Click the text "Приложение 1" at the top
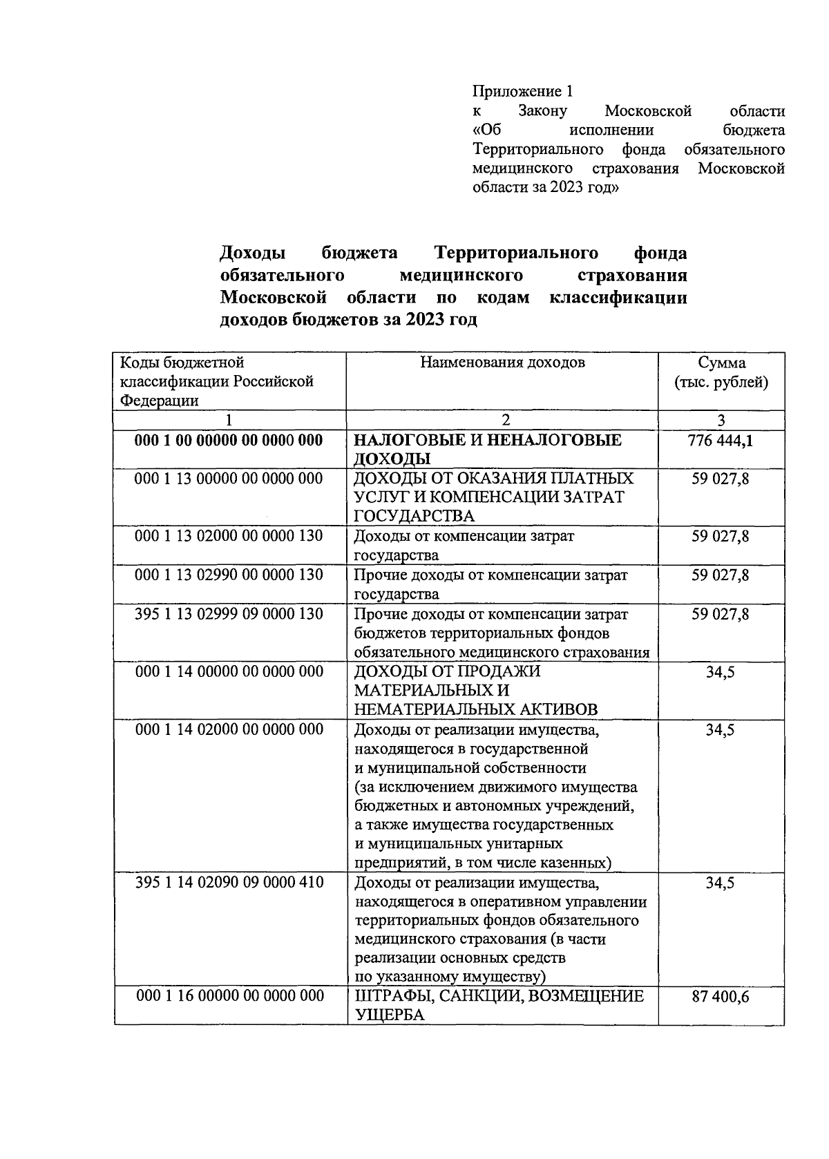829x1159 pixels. click(523, 91)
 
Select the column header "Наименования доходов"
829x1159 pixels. click(502, 363)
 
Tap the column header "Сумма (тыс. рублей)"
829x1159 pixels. click(721, 372)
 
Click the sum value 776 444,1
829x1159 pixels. click(721, 440)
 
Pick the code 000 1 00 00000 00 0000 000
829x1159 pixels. click(229, 440)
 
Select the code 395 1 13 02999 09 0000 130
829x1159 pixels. click(229, 614)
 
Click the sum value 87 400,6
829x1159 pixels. click(721, 996)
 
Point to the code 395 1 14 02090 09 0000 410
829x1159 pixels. click(229, 882)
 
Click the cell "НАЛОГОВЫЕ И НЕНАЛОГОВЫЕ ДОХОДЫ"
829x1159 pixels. click(488, 449)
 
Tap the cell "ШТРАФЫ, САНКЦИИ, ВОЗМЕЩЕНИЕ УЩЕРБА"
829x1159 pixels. click(499, 1005)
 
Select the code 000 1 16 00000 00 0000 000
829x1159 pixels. click(229, 995)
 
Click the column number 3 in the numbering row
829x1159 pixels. click(721, 420)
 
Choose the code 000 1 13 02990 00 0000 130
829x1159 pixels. click(229, 575)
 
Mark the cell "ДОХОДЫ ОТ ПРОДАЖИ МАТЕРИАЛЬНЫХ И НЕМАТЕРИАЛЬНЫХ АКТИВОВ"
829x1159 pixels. click(475, 690)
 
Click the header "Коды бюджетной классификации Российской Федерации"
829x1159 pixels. click(217, 381)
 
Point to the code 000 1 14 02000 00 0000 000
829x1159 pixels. click(229, 729)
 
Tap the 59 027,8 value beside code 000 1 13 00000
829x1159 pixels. click(721, 479)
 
